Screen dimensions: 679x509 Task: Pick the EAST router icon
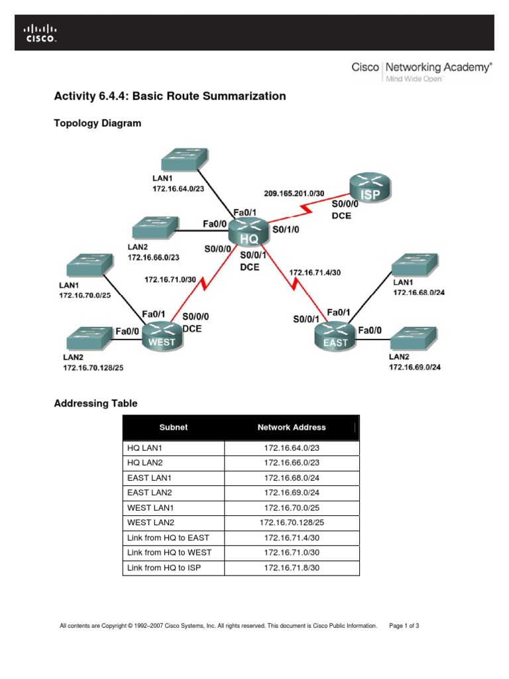pos(335,336)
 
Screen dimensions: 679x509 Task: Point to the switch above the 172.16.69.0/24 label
pos(415,339)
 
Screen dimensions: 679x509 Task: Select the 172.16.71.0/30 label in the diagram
pos(170,280)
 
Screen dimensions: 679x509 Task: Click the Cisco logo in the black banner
pos(40,33)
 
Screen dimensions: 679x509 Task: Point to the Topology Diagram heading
pos(97,123)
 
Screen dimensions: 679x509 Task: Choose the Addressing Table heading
pos(95,402)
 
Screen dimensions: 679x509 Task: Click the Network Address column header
pos(292,428)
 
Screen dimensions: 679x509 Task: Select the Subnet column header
pos(174,428)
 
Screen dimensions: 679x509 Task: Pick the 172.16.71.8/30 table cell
pos(292,567)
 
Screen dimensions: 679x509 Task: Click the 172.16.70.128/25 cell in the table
pos(292,523)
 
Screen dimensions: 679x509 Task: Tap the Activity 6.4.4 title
pos(170,96)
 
